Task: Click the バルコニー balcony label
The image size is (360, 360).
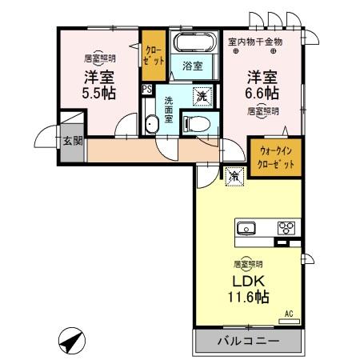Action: click(248, 342)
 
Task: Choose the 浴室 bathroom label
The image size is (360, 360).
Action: click(192, 65)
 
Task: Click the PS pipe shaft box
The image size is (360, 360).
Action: click(146, 90)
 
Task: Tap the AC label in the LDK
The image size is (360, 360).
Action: click(290, 314)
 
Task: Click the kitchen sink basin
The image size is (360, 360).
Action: click(246, 228)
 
